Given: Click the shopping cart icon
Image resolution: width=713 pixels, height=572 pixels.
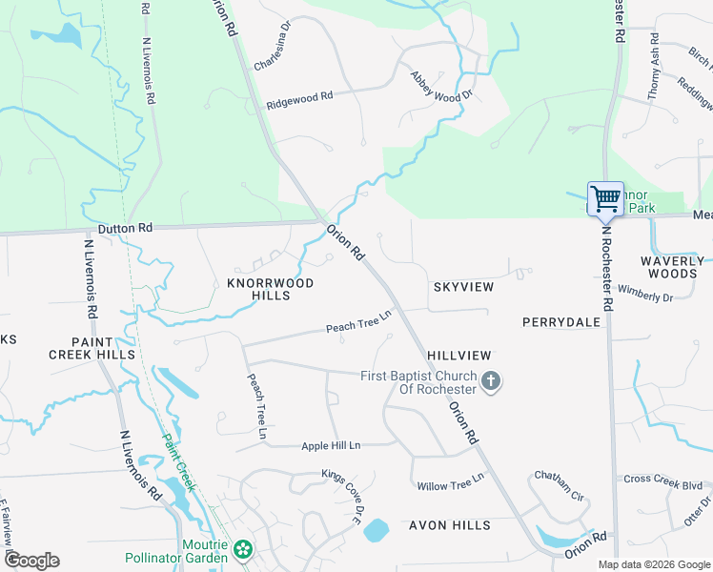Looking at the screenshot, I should pos(605,198).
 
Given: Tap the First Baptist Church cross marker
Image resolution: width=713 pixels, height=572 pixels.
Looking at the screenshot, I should pos(491,382).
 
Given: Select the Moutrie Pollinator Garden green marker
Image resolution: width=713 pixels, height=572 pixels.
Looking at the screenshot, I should pos(244,550).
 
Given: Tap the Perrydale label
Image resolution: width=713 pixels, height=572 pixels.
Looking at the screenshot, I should pos(561,322).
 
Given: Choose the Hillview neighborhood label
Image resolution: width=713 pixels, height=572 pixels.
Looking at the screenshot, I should pos(458,354).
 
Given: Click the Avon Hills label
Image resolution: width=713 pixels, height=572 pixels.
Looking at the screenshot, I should pos(450,525).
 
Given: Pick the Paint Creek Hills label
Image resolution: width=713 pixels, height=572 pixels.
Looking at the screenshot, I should pos(92,347).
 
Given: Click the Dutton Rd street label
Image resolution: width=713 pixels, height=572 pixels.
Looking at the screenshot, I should pos(125,229).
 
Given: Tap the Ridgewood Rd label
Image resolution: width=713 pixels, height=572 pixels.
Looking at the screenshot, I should pos(299,98).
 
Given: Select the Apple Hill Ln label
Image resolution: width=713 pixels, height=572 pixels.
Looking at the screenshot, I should pos(331,445).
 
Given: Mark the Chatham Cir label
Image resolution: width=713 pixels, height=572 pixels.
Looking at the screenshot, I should pos(558,484).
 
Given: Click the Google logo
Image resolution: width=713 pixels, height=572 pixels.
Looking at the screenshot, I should pos(31,561).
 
